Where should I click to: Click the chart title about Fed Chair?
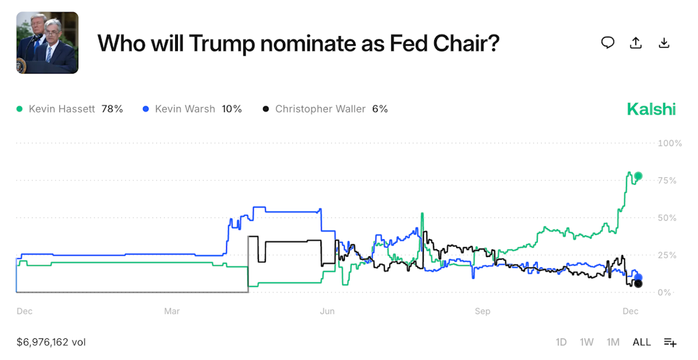299,43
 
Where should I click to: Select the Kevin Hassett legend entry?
69,109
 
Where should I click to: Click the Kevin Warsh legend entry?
192,109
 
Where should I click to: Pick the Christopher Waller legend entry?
324,109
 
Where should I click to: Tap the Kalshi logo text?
651,109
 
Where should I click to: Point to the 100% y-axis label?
669,143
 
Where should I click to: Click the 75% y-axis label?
668,181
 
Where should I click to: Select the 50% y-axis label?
668,218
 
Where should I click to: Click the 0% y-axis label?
665,292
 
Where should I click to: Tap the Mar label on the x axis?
172,312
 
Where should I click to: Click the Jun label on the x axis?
327,312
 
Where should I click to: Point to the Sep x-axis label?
483,312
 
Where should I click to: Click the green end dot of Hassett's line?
639,176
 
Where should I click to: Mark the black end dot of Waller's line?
638,284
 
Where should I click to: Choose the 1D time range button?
561,342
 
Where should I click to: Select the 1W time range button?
586,342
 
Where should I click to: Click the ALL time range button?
641,342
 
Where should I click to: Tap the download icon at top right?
664,43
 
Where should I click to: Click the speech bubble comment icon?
607,43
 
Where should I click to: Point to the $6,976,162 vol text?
51,342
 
